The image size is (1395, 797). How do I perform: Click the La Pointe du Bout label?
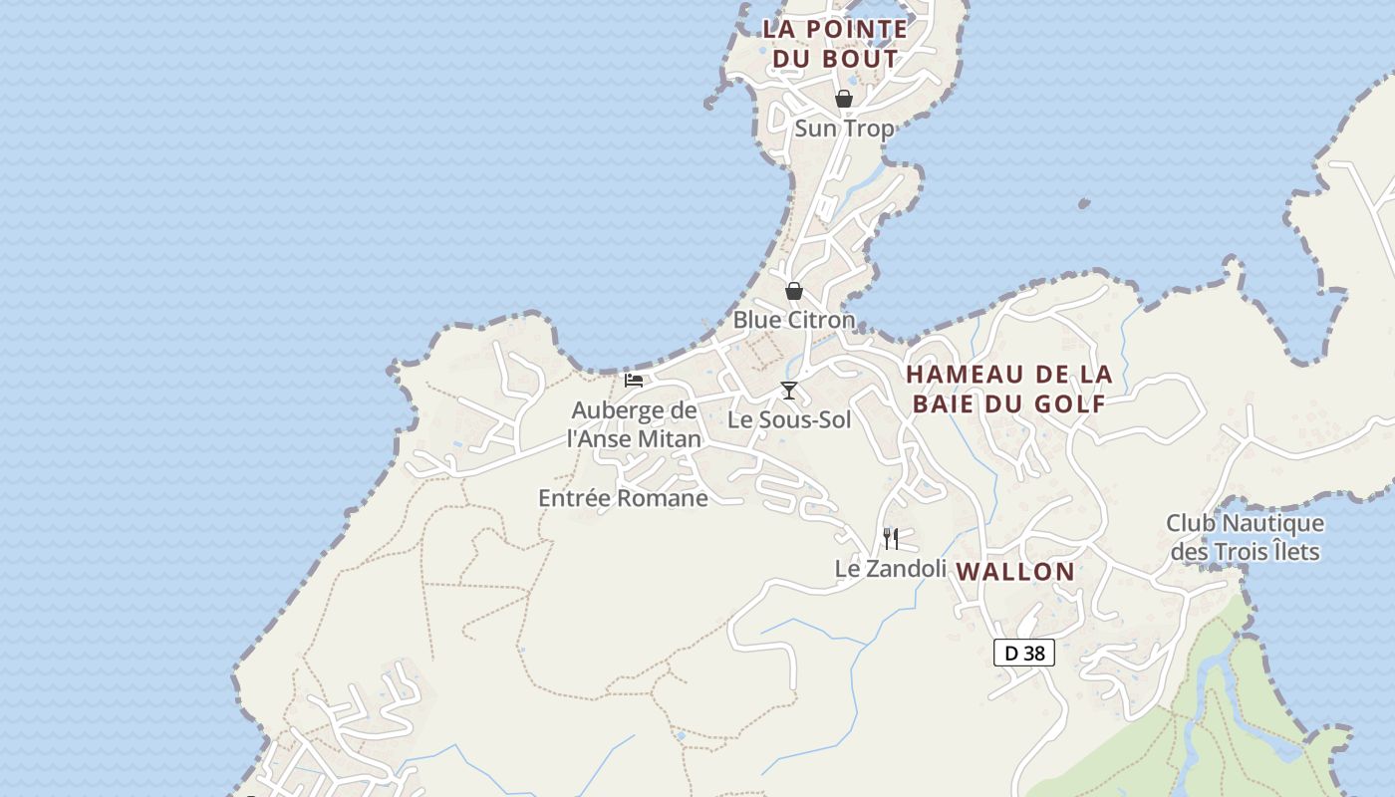pos(835,44)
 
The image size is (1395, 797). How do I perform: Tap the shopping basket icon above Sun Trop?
pos(844,99)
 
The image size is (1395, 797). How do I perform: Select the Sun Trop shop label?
pos(844,129)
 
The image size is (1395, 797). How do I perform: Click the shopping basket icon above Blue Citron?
pos(794,291)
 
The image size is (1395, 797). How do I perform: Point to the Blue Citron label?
pos(794,320)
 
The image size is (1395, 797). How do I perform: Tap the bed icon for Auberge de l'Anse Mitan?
pos(634,380)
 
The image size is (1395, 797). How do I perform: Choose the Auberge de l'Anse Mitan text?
pos(634,424)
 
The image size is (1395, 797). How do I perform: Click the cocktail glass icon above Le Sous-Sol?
pos(789,391)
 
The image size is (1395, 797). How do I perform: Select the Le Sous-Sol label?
pos(789,419)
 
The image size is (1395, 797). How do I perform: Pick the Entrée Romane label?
pos(623,498)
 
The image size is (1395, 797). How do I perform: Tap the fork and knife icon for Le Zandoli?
pos(891,539)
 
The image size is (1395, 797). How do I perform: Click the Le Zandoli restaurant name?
pos(890,568)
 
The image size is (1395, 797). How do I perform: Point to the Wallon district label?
pos(1015,572)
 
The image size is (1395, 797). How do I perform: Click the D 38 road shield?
pos(1024,654)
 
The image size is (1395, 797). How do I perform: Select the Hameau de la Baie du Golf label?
pos(1008,389)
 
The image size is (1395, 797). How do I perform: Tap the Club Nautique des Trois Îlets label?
pos(1245,537)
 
